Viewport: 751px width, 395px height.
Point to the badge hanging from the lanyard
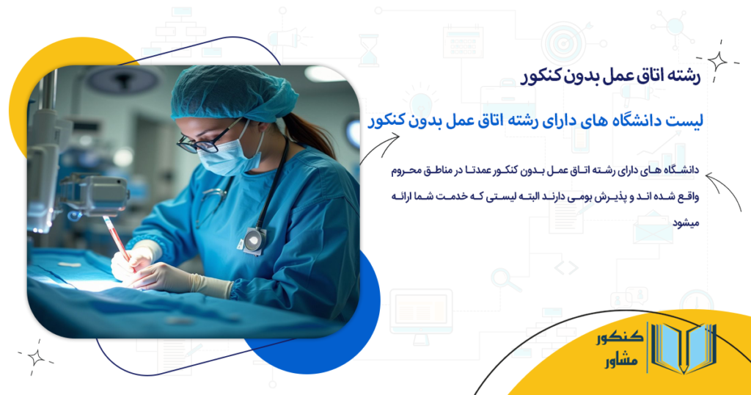pyautogui.click(x=254, y=239)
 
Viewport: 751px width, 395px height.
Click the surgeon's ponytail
pyautogui.click(x=312, y=136)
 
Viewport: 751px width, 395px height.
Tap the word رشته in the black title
pyautogui.click(x=685, y=76)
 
